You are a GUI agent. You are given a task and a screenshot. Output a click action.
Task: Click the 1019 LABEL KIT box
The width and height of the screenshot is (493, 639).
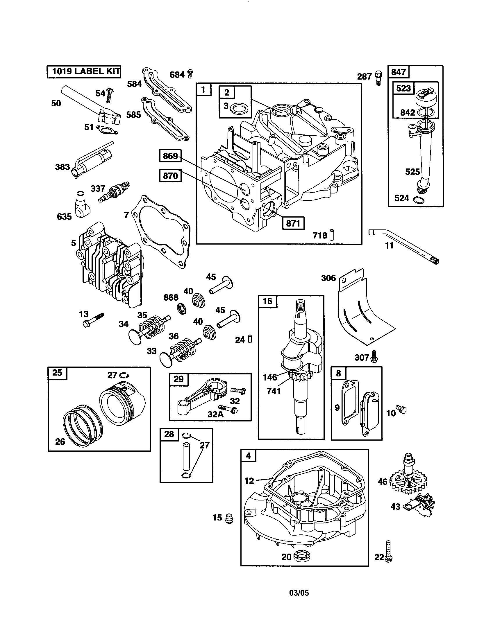click(x=84, y=72)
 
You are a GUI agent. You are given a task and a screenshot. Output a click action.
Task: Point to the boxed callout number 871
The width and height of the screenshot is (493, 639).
click(x=293, y=223)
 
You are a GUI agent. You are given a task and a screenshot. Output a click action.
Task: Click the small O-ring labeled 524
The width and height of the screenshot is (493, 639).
click(x=418, y=200)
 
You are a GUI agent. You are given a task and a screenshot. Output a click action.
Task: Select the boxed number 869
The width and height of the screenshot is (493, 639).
click(x=170, y=156)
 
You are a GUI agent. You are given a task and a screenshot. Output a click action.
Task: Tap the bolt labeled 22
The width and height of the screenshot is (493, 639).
click(x=388, y=552)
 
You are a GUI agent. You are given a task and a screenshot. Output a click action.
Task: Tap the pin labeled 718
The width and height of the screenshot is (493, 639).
click(x=332, y=235)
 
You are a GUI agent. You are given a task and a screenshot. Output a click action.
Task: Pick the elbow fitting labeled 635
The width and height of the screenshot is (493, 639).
click(x=82, y=204)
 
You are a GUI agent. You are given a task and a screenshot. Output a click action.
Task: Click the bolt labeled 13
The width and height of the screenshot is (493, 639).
click(x=93, y=320)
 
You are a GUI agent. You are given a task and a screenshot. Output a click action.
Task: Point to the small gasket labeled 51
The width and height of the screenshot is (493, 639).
click(x=107, y=129)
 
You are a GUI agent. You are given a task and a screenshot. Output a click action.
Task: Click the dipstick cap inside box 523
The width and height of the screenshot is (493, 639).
click(x=426, y=97)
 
